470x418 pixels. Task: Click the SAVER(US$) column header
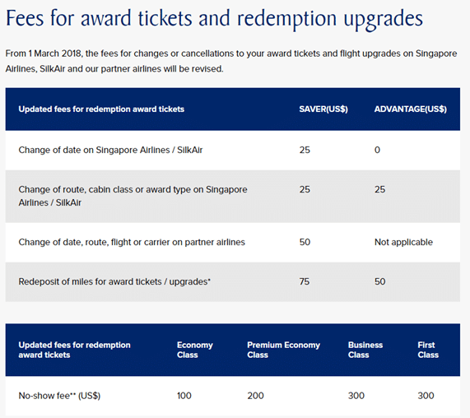[x=323, y=109]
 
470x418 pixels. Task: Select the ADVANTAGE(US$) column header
[x=411, y=109]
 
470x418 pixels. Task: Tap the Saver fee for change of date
[x=305, y=150]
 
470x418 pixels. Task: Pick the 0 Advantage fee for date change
[x=377, y=150]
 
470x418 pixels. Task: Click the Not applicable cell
[x=403, y=242]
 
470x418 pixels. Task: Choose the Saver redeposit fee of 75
[x=305, y=281]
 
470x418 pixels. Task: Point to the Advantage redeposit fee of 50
[x=379, y=281]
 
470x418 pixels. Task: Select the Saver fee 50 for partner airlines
[x=305, y=242]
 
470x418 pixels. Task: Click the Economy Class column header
[x=195, y=350]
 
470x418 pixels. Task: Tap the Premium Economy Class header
[x=283, y=350]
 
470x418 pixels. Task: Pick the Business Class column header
[x=365, y=350]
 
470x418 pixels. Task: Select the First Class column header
[x=428, y=350]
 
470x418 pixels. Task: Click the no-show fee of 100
[x=184, y=396]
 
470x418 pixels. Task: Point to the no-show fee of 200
[x=255, y=396]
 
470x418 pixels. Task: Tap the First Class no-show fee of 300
[x=426, y=396]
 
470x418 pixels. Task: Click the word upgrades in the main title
[x=383, y=20]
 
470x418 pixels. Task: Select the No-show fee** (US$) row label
[x=59, y=396]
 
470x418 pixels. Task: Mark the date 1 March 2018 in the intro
[x=55, y=53]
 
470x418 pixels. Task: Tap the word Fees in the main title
[x=26, y=18]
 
